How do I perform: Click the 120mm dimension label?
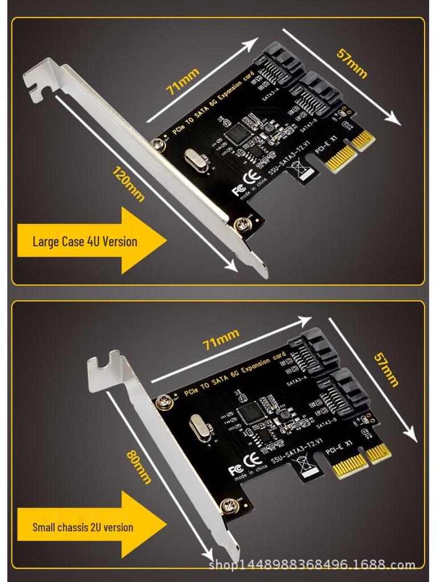pos(129,184)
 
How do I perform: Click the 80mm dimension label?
pos(139,466)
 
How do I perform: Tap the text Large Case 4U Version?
pos(85,241)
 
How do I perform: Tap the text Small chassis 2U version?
pos(83,527)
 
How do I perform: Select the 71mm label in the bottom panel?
pos(220,340)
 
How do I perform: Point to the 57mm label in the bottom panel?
pos(386,369)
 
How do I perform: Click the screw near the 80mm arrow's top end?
pos(165,401)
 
